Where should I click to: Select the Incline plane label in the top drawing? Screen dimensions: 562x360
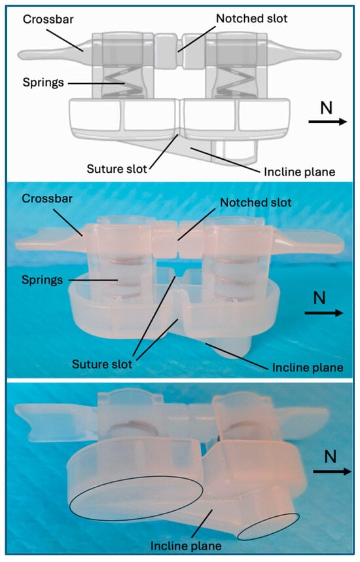coord(302,172)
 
